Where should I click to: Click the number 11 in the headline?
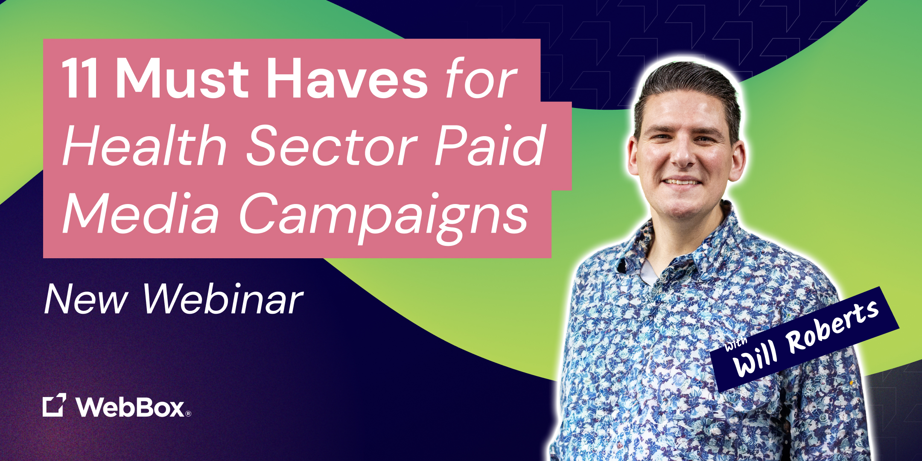pos(80,79)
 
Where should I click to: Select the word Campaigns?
pos(384,216)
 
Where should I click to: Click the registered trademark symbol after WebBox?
pos(188,413)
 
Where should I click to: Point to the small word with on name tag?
pos(736,344)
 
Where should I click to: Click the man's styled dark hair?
pos(687,81)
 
